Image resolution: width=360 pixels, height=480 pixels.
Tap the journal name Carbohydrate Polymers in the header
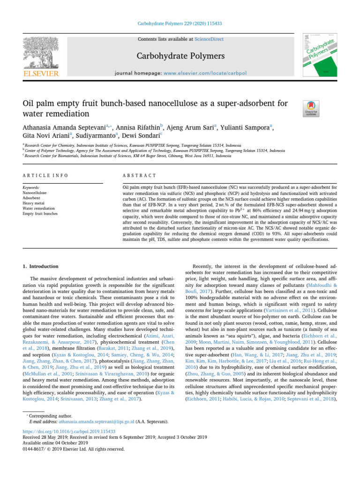click(180, 56)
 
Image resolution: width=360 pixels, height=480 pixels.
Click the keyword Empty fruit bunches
click(40, 213)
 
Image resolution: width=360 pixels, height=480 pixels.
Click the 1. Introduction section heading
click(41, 266)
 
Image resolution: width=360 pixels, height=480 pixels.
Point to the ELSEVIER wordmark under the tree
click(41, 74)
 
